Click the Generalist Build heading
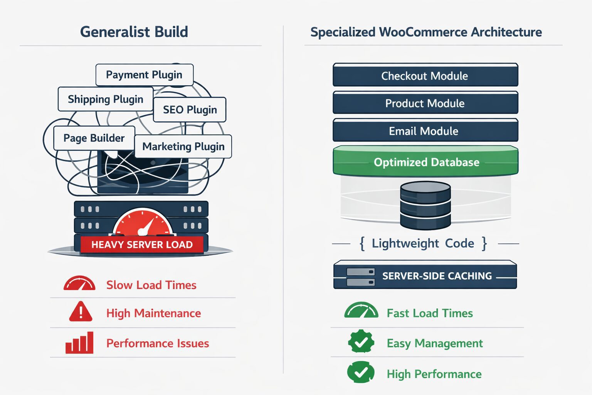(x=134, y=32)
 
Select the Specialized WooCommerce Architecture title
(x=426, y=32)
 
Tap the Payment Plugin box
(x=144, y=75)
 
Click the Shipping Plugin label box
(x=105, y=99)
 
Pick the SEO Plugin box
(x=190, y=110)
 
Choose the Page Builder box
(x=94, y=138)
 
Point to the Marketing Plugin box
(x=183, y=147)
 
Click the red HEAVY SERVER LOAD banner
(x=142, y=245)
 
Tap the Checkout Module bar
(x=425, y=76)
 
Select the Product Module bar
(x=425, y=103)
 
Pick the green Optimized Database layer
(x=426, y=162)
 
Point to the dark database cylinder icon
(x=425, y=205)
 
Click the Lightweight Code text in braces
(x=423, y=243)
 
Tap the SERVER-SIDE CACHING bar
(x=425, y=275)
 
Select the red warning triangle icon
(x=81, y=312)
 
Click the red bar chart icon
(x=79, y=343)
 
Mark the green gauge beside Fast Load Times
(x=361, y=311)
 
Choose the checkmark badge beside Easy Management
(x=361, y=341)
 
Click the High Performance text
(x=434, y=374)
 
